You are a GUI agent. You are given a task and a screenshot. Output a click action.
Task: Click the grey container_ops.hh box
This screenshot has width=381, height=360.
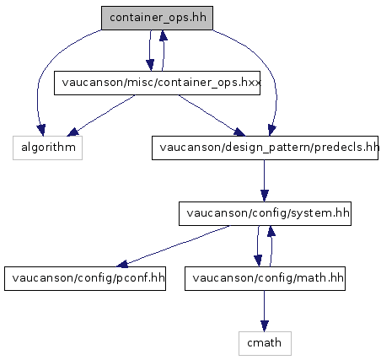click(157, 18)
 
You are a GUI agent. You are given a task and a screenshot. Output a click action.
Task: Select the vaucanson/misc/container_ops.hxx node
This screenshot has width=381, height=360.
click(157, 83)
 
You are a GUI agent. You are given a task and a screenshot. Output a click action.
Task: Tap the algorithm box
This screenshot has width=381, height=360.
click(47, 148)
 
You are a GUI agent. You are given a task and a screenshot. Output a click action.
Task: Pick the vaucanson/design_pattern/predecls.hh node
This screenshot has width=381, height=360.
click(265, 148)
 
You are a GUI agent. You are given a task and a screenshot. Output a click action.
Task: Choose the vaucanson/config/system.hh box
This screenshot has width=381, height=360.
click(265, 213)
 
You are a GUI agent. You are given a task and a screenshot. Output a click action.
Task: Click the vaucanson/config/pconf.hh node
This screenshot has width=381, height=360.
click(85, 278)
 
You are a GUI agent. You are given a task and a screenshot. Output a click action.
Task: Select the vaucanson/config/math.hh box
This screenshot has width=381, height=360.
click(265, 278)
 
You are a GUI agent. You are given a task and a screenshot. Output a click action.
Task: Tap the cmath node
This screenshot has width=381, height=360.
click(265, 343)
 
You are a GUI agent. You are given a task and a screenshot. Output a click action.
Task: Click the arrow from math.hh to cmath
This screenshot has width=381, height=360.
click(264, 311)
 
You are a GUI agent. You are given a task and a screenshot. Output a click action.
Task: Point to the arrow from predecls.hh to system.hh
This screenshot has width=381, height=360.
click(264, 180)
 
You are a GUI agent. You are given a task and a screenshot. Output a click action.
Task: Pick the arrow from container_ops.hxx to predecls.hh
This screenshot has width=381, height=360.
click(212, 116)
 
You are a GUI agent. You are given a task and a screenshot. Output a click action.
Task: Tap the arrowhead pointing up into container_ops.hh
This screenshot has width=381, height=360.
click(164, 35)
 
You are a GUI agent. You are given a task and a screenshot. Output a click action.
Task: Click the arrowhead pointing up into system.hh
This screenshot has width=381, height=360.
click(271, 231)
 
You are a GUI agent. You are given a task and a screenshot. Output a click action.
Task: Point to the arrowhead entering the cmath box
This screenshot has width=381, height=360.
click(264, 326)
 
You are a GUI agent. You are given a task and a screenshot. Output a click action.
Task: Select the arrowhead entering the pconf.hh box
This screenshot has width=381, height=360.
click(122, 264)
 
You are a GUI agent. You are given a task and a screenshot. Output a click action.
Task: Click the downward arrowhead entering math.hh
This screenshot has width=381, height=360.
click(258, 261)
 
